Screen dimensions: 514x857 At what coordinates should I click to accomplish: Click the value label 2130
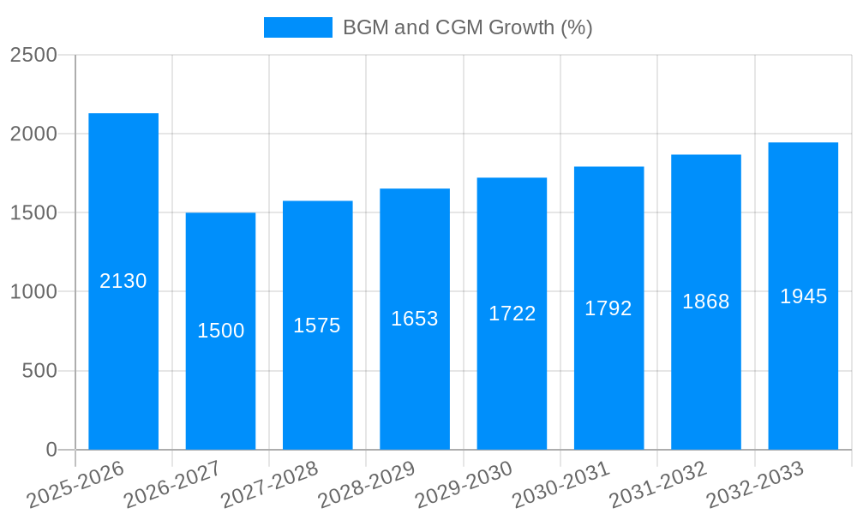pos(123,281)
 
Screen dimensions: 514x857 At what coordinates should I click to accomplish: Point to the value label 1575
pos(317,326)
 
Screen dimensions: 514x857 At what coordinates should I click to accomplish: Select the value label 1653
pos(415,319)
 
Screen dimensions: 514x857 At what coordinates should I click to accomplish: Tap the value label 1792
pos(608,308)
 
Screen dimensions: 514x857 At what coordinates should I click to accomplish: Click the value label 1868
pos(706,302)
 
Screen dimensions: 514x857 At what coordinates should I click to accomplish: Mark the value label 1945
pos(803,296)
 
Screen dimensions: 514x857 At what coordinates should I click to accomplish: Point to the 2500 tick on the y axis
pos(33,55)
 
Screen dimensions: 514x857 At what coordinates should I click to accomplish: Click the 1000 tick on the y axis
pos(33,292)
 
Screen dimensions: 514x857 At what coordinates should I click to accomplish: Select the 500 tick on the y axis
pos(39,371)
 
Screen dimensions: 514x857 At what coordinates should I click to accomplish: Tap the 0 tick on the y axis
pos(51,450)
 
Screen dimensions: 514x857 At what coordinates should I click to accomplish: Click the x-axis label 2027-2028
pos(270,485)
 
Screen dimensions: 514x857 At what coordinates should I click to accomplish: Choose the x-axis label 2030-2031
pos(561,485)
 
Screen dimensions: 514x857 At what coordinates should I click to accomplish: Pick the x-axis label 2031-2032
pos(658,485)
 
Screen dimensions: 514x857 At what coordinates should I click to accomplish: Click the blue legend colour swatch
pos(297,27)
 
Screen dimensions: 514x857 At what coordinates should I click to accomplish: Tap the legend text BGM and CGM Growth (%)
pos(467,27)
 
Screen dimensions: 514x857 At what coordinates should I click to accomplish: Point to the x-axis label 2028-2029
pos(367,485)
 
